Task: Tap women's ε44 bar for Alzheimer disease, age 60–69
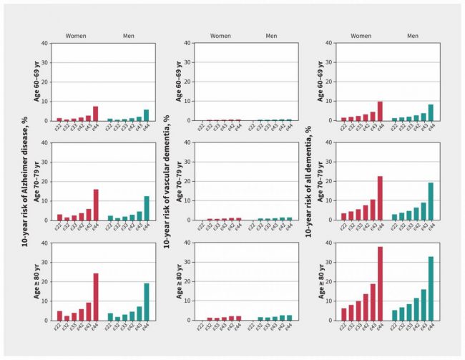pyautogui.click(x=95, y=113)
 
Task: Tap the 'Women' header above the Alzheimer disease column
pyautogui.click(x=76, y=36)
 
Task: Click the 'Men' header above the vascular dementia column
pyautogui.click(x=272, y=36)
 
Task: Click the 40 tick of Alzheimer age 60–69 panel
pyautogui.click(x=45, y=43)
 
